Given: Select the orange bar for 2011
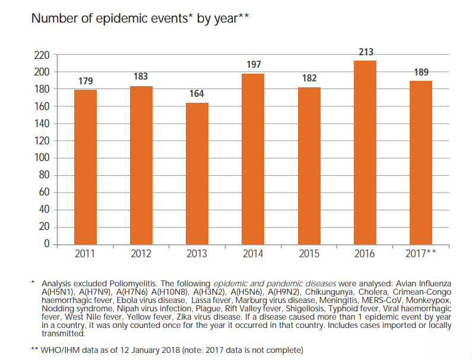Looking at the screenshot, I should click(85, 166).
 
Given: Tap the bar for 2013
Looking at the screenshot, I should click(197, 173).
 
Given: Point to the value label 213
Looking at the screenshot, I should click(365, 52).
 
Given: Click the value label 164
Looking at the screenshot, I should click(197, 94).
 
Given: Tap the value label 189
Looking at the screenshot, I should click(421, 72).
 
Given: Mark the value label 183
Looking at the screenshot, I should click(141, 77).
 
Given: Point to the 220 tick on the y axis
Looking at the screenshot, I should click(42, 55).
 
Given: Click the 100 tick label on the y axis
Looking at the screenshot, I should click(42, 159).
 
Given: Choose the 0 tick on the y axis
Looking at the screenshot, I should click(46, 244).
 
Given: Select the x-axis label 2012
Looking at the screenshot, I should click(141, 254).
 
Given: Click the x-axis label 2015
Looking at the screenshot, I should click(309, 254).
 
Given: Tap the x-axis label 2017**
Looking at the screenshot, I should click(421, 254).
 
